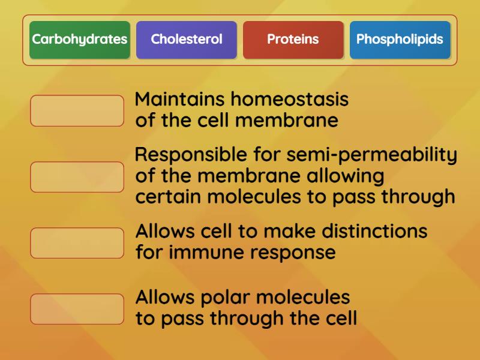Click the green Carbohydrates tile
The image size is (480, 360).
pyautogui.click(x=80, y=40)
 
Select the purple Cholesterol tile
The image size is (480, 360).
pyautogui.click(x=187, y=40)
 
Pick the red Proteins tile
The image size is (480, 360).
pyautogui.click(x=293, y=40)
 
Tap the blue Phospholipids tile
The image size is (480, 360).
pyautogui.click(x=400, y=40)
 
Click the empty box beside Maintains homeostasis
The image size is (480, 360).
pyautogui.click(x=77, y=110)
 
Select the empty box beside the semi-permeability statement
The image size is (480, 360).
pyautogui.click(x=77, y=176)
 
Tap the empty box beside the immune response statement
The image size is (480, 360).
pyautogui.click(x=77, y=242)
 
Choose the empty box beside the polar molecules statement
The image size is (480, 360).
pyautogui.click(x=77, y=308)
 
